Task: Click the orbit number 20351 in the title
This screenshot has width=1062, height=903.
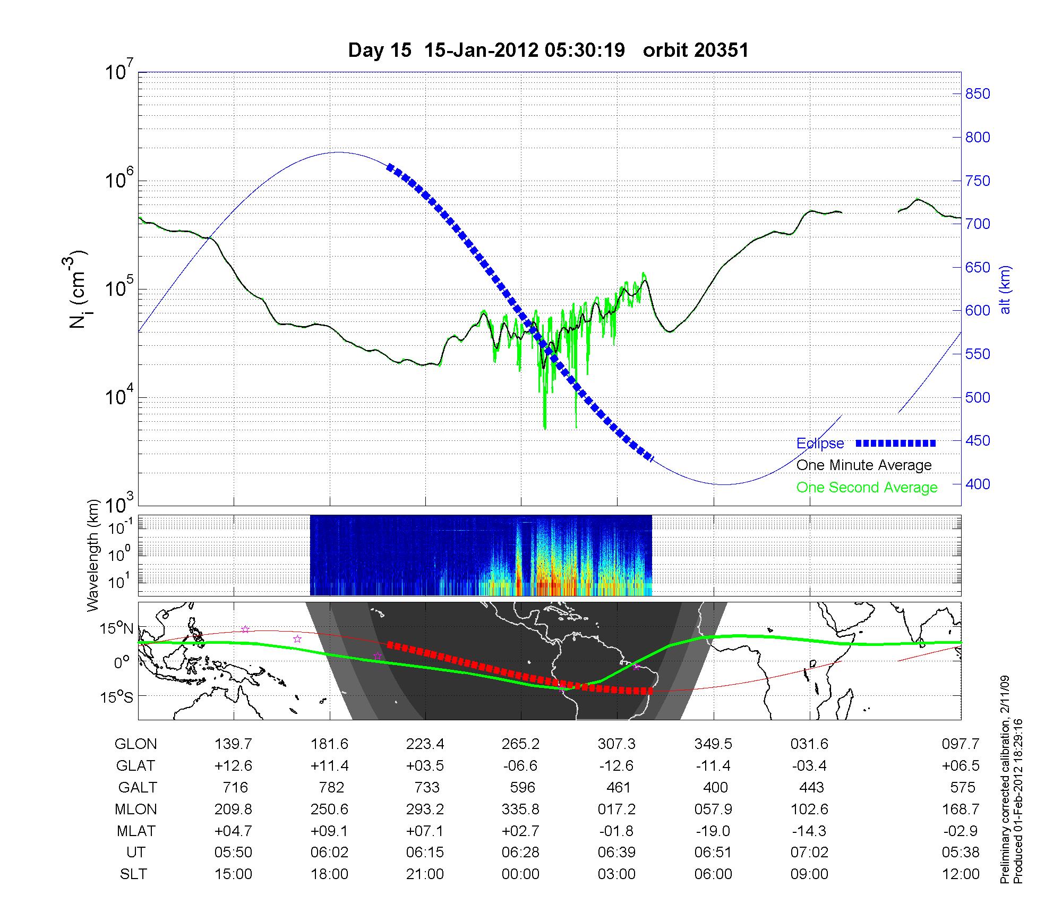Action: point(696,50)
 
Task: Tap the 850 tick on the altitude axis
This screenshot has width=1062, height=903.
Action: point(978,94)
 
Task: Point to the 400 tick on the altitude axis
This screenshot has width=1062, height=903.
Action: point(978,484)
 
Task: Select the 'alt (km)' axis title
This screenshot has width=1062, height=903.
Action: point(1005,289)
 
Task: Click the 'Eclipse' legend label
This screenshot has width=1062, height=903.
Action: point(820,444)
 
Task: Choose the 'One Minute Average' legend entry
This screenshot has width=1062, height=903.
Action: point(864,465)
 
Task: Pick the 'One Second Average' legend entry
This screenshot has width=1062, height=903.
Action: point(867,488)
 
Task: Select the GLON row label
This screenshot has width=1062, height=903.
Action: point(135,744)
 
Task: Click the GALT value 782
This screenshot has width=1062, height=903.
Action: point(330,788)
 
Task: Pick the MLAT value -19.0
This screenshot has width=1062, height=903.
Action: point(713,831)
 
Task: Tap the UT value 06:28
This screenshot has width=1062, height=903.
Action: point(521,853)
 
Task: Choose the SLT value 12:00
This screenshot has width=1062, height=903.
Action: point(960,874)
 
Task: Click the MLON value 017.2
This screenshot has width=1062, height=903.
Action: point(617,810)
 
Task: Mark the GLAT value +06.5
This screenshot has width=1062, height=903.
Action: point(960,766)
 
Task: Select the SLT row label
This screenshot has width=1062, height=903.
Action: point(133,874)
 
